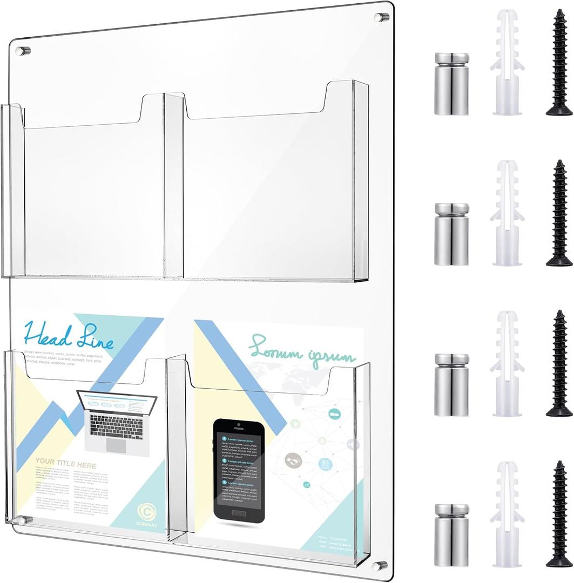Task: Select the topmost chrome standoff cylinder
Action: point(451,84)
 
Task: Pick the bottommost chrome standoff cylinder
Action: point(451,535)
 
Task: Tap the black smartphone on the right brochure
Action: point(239,470)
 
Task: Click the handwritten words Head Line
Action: point(69,336)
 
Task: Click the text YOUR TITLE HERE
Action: point(66,465)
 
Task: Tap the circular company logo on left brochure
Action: point(147,511)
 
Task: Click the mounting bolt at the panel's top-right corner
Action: point(381,17)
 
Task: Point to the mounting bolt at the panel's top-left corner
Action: point(23,51)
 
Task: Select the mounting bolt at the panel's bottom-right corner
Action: point(380,565)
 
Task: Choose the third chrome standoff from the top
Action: point(451,384)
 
